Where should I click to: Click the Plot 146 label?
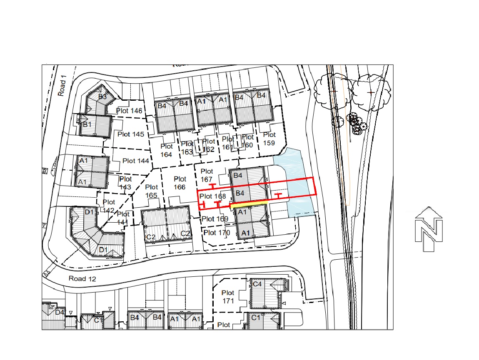(x=130, y=111)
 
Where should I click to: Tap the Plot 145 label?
(x=131, y=134)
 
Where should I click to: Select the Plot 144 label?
(x=136, y=161)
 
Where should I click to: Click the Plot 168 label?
(x=212, y=196)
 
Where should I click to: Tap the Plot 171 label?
(x=228, y=297)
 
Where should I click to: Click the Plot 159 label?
(x=269, y=139)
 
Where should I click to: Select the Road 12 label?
(x=83, y=279)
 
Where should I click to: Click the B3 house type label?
(x=102, y=97)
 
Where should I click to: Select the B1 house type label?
(x=87, y=124)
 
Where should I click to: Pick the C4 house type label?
(x=257, y=284)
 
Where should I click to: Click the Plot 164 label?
(x=167, y=150)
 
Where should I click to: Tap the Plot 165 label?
(x=152, y=191)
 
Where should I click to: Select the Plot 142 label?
(x=109, y=206)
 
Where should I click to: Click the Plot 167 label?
(x=207, y=175)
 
